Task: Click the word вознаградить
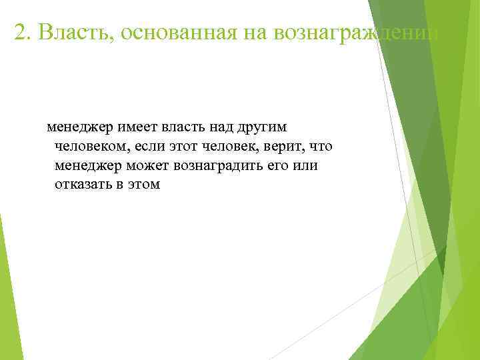[216, 165]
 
